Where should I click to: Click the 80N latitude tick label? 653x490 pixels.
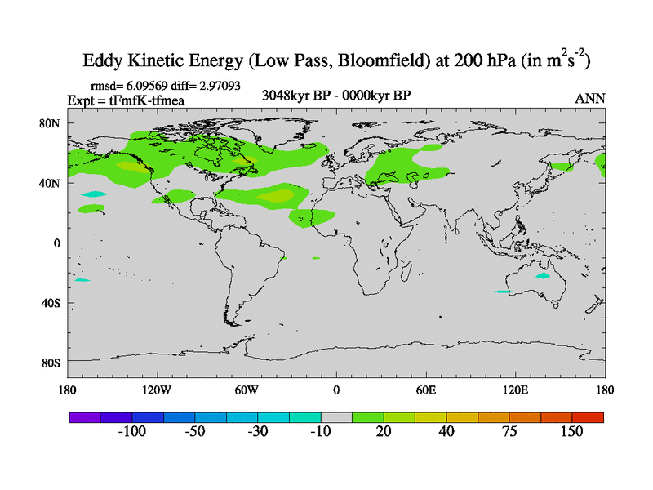pyautogui.click(x=51, y=123)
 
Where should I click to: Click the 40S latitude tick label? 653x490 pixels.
pyautogui.click(x=51, y=303)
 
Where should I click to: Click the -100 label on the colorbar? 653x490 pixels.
pyautogui.click(x=131, y=431)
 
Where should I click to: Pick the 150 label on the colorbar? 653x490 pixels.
pyautogui.click(x=571, y=431)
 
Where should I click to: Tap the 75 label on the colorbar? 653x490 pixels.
pyautogui.click(x=509, y=431)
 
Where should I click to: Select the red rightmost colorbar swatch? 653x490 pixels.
pyautogui.click(x=588, y=416)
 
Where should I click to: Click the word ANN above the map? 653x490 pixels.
pyautogui.click(x=590, y=99)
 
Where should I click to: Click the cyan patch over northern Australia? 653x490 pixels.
pyautogui.click(x=543, y=276)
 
